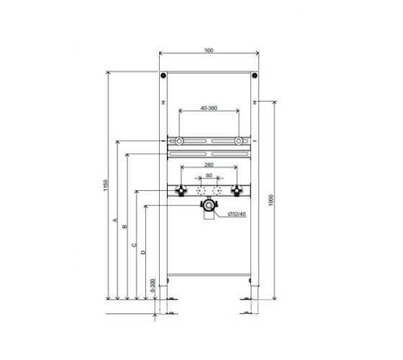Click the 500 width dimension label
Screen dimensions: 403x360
point(209,50)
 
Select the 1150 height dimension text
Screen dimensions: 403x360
point(106,185)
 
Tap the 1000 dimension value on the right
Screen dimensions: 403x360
point(271,200)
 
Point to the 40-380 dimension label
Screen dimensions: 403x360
point(209,108)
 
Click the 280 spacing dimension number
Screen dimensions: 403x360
point(209,165)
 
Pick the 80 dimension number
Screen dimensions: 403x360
point(209,176)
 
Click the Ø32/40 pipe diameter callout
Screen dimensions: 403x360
point(237,214)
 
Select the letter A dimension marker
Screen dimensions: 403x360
point(115,220)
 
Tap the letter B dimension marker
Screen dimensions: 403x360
point(125,227)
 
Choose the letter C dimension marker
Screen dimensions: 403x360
point(134,245)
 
